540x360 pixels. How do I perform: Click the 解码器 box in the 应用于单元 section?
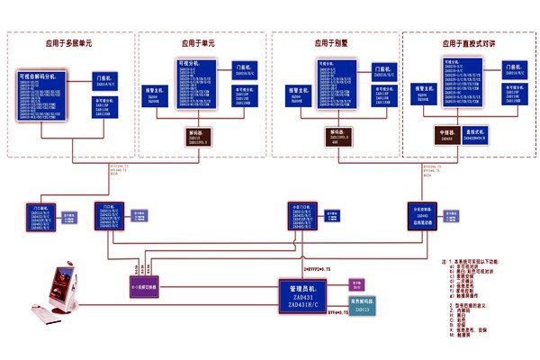click(198, 137)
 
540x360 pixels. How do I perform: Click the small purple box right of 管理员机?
click(356, 283)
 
